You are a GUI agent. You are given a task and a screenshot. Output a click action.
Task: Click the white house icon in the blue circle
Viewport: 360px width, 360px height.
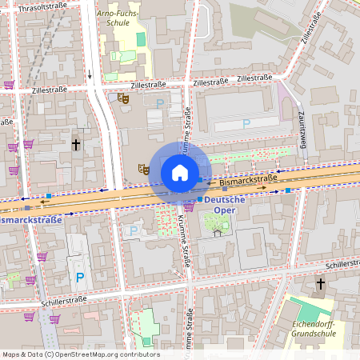180,172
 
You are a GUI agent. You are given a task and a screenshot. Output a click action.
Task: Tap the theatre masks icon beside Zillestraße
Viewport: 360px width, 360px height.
123,98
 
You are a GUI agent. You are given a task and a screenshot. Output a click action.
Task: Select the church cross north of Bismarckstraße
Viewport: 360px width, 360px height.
76,145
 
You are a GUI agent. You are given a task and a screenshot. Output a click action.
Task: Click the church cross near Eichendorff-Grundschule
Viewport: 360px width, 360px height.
321,284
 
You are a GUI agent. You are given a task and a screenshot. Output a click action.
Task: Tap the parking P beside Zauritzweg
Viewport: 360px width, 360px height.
246,123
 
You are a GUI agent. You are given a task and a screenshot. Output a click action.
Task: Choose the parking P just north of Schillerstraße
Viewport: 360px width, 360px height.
79,278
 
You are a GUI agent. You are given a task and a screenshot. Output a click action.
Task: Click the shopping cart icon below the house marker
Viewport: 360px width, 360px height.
189,207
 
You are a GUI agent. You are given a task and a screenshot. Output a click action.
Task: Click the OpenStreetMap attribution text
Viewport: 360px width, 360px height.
80,354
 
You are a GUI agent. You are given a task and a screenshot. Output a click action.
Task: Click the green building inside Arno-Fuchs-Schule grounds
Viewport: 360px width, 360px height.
141,38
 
